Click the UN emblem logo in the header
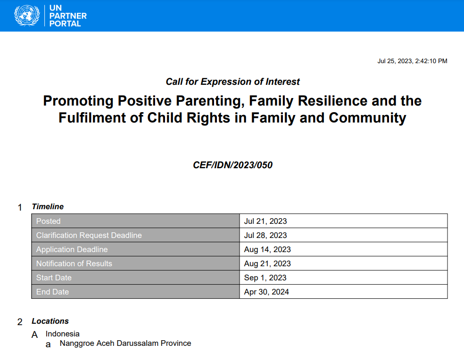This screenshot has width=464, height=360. [27, 16]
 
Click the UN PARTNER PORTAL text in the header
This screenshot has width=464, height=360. [68, 16]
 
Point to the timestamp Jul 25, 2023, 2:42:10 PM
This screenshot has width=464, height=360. [412, 61]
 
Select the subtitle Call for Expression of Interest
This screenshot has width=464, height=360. [232, 82]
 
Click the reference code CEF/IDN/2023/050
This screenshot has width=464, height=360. [232, 165]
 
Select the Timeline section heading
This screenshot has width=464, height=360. [48, 207]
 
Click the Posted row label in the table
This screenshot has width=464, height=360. [49, 221]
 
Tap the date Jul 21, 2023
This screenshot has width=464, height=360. [265, 221]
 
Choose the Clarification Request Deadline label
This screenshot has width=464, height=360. [89, 235]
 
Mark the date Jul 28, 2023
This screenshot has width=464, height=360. [265, 235]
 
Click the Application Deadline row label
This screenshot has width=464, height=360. [72, 249]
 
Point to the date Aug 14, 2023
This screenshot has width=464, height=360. [267, 249]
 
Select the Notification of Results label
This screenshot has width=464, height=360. [74, 263]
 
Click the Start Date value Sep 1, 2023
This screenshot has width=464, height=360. [265, 278]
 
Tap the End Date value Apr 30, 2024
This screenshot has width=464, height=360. [266, 292]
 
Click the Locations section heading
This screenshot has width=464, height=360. [50, 321]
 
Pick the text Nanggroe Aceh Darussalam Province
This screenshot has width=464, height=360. [125, 344]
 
